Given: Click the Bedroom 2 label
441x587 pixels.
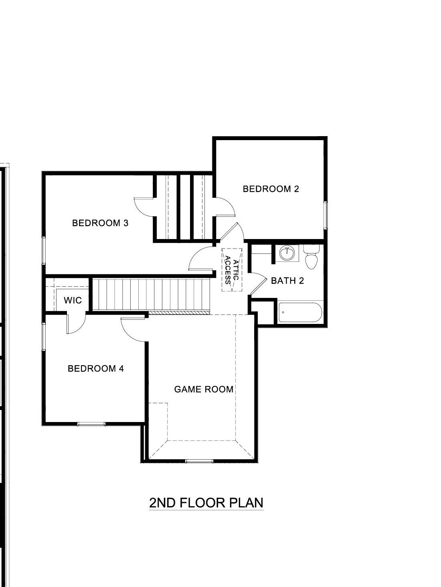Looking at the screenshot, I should (271, 189).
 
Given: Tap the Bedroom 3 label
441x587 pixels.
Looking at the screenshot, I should (100, 223).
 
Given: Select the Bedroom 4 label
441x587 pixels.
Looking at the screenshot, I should (95, 368).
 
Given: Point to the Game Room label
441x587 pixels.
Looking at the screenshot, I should (204, 389).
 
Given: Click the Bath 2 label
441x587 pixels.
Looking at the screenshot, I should (287, 281).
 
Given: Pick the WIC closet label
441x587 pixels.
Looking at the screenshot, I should (73, 300).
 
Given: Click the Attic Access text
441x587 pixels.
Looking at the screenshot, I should (232, 270).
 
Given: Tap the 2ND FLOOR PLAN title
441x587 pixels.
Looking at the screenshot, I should (206, 503).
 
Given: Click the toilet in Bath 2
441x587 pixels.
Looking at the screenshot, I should (312, 257).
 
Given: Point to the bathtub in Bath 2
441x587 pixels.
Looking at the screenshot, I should (300, 312).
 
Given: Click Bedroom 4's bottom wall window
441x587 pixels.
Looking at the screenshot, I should (91, 424).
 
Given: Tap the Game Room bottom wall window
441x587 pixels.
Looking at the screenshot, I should (199, 462).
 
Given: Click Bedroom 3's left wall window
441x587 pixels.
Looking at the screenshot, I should (43, 251).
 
